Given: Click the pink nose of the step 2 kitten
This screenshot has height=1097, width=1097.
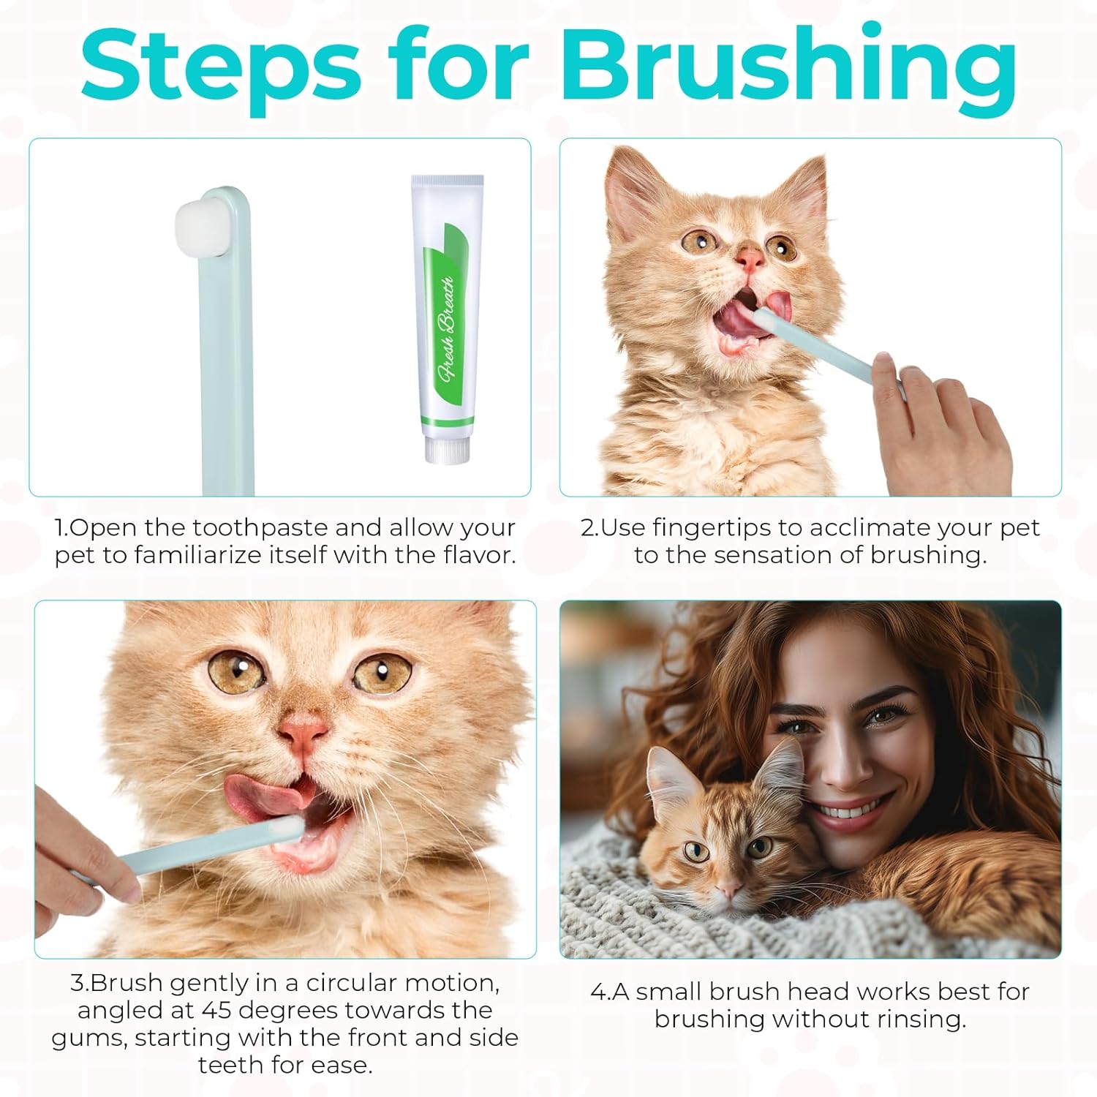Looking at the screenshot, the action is tap(750, 257).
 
